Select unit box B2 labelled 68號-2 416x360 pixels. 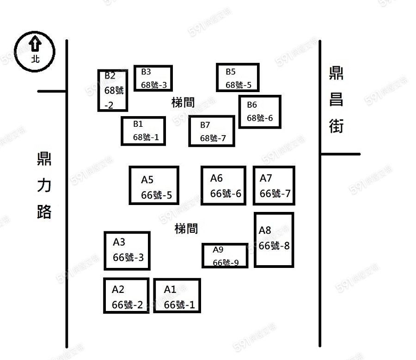[x=112, y=90]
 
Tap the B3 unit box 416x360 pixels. [x=153, y=78]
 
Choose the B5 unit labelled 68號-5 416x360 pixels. [x=238, y=77]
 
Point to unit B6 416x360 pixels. [x=260, y=112]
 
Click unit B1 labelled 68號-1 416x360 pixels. [x=143, y=131]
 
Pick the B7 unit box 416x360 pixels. [x=212, y=131]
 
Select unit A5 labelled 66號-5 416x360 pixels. [x=154, y=186]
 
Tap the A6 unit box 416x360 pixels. [x=223, y=186]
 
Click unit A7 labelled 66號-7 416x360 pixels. [x=274, y=186]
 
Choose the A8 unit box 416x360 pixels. [x=274, y=240]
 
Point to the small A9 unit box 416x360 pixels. [x=225, y=255]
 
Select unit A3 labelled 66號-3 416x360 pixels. [x=127, y=251]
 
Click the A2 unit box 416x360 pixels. [x=126, y=296]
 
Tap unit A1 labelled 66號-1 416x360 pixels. [x=177, y=296]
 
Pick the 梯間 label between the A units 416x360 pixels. [x=186, y=229]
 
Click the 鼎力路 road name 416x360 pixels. [x=44, y=185]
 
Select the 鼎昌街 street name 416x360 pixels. [x=336, y=100]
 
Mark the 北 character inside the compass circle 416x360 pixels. [x=35, y=59]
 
